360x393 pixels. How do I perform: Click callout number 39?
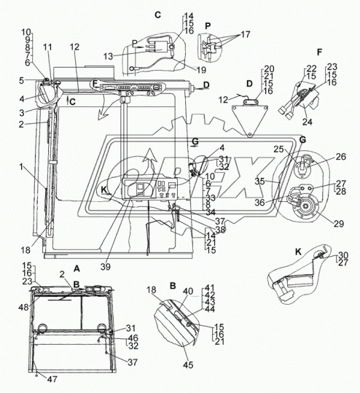point(106,267)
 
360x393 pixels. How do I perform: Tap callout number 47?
point(52,379)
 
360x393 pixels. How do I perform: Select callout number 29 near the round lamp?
point(339,224)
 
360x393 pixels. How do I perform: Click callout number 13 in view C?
point(109,56)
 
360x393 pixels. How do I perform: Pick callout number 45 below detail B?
point(188,365)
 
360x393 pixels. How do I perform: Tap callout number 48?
point(23,307)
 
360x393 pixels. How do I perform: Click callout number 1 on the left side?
point(21,166)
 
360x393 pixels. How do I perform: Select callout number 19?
point(200,70)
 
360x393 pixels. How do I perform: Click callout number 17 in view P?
point(246,34)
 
